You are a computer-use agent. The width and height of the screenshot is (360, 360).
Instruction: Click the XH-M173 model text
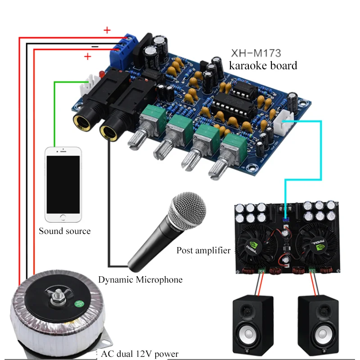[256, 53]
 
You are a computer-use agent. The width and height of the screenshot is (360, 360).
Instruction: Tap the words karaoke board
[263, 66]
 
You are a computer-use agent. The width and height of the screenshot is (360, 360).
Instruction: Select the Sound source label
[64, 231]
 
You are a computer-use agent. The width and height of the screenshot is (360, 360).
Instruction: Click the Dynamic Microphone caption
[140, 280]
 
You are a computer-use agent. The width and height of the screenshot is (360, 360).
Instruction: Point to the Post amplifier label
[203, 250]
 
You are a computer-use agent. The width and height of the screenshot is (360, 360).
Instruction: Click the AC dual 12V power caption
[140, 354]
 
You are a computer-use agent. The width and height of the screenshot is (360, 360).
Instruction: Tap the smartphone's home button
[63, 217]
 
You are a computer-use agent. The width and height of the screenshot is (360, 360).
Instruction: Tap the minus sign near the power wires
[95, 46]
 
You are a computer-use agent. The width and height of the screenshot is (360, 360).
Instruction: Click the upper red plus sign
[107, 31]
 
